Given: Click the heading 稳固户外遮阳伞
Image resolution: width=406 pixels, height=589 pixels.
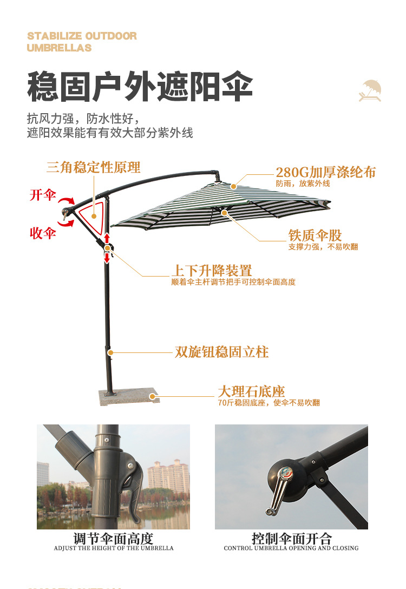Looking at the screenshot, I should [x=140, y=87].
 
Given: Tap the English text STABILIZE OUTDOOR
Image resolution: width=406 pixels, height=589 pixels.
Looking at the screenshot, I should [x=82, y=36].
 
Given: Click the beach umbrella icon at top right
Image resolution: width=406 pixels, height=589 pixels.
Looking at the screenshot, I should [x=371, y=90].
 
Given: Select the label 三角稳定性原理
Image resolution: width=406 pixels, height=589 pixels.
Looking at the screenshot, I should [x=93, y=167].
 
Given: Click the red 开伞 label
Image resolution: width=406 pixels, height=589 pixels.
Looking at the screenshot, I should [x=43, y=195].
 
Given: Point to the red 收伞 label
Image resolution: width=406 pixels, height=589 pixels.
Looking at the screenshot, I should [x=43, y=233].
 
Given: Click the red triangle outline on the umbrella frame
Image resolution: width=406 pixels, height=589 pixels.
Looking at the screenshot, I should [x=93, y=214].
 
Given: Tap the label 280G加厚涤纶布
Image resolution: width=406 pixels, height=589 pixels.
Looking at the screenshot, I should [x=325, y=172].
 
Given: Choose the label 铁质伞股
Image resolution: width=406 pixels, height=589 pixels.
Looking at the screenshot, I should [x=315, y=235].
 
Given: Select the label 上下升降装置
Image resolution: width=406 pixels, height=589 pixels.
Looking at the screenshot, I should [x=212, y=271].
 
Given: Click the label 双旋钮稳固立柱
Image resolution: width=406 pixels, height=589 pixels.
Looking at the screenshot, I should [x=221, y=352].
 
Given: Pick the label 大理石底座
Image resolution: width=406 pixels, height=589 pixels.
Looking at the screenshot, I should [x=251, y=391].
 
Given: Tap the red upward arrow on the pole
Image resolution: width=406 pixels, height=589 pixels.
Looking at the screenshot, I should [x=107, y=238].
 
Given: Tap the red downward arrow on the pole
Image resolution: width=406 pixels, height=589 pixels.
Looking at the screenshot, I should [x=107, y=257].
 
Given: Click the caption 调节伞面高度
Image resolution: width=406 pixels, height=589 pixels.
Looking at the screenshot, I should [x=114, y=539].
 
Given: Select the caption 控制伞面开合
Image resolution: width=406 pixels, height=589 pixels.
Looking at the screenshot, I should [x=291, y=539].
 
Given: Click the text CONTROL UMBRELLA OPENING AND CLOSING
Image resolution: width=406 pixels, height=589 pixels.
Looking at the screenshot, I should [x=291, y=548].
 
